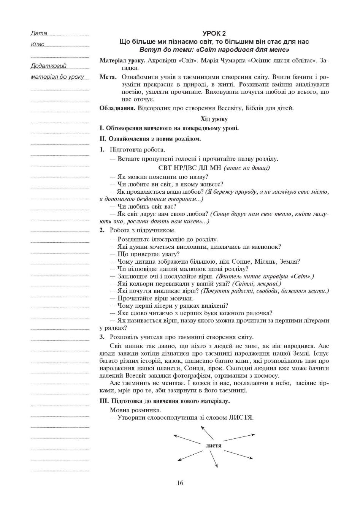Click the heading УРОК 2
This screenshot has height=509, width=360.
[214, 33]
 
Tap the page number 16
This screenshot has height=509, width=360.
[180, 483]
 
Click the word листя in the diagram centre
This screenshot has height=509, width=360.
[213, 445]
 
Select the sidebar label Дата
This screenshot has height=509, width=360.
[39, 33]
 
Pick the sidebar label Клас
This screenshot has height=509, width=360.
[38, 44]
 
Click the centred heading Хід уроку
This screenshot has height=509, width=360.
[214, 119]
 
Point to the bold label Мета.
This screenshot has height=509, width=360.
[108, 77]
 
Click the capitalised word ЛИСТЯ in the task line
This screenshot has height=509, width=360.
[241, 417]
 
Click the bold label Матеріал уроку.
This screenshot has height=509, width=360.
[122, 60]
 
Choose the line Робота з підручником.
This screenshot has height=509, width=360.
[143, 230]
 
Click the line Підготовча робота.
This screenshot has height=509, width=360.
[137, 150]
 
